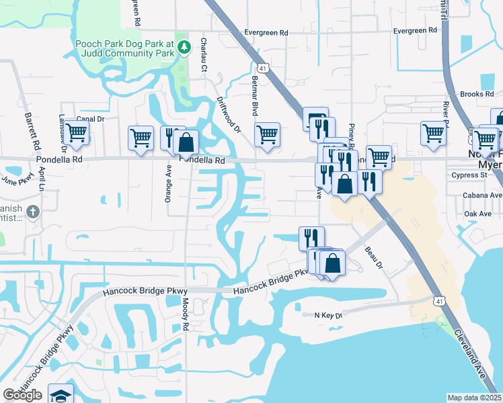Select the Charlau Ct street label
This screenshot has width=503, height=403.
(202, 53)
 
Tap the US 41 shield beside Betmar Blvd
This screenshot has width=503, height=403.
(264, 68)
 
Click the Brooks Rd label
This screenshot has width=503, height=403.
(477, 94)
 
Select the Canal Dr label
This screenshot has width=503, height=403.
(91, 119)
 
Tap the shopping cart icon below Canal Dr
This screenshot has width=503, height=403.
(77, 134)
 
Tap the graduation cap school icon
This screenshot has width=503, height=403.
(60, 395)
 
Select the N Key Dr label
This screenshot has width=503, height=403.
(328, 314)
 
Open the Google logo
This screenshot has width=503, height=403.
(22, 395)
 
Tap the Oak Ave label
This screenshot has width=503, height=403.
(478, 214)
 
